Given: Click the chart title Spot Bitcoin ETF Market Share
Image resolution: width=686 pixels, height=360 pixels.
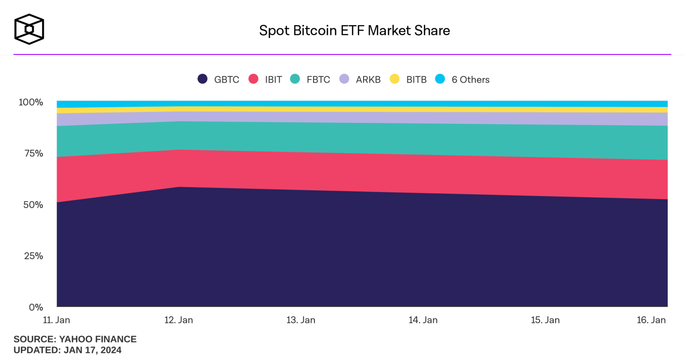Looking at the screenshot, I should tap(354, 30).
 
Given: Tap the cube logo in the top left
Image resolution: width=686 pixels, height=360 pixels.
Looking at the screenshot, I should tap(29, 29).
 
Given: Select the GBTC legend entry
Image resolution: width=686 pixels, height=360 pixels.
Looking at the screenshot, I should tap(219, 80).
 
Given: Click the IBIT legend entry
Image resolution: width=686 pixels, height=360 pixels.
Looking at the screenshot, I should tap(266, 80).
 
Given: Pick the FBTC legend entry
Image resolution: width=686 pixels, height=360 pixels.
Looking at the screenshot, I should tap(310, 80).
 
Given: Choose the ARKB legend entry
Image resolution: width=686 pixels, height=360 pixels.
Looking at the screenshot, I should tap(360, 80).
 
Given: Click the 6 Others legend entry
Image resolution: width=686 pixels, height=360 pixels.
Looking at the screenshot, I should tap(463, 80).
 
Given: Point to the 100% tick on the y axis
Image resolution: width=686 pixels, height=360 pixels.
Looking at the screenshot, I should tap(31, 102).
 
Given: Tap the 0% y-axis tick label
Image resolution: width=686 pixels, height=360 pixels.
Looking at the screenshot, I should tap(36, 307).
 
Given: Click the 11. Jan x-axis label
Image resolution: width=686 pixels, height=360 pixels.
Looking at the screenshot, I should tap(56, 320).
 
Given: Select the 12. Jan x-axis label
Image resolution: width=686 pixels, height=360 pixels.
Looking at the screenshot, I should tap(179, 320).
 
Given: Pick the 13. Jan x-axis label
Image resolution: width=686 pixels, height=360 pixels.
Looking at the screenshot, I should tap(301, 320).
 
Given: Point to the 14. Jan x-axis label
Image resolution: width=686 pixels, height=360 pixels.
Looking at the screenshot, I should tap(423, 320).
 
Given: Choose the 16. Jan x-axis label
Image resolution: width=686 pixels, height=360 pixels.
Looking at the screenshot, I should tap(651, 320).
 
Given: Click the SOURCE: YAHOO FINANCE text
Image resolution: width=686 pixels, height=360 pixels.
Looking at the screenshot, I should tap(75, 339).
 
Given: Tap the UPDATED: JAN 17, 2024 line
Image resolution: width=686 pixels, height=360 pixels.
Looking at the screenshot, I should tap(67, 350).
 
